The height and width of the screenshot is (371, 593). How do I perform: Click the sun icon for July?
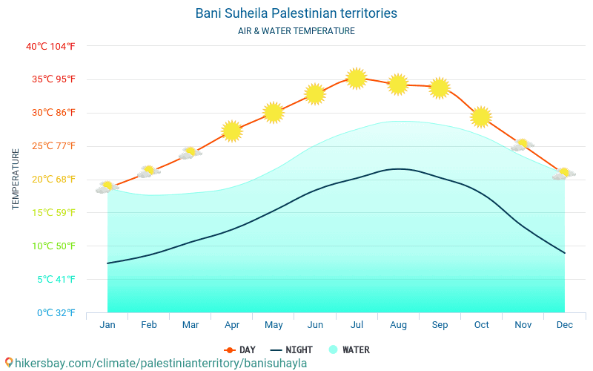click(357, 78)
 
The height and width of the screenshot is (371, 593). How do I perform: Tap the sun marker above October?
click(481, 116)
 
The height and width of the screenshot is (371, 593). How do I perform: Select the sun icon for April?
click(232, 131)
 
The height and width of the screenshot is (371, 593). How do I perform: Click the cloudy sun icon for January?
click(107, 187)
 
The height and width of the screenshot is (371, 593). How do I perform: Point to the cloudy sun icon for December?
click(564, 174)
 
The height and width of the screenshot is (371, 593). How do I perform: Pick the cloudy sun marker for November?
click(523, 145)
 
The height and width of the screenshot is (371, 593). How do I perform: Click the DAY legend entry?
click(240, 350)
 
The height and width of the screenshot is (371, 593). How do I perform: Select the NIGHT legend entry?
click(291, 350)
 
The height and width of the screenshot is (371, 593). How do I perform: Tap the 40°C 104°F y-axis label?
click(50, 47)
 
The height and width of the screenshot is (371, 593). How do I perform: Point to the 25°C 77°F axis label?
click(50, 146)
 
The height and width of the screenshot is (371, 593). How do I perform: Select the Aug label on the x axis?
click(398, 325)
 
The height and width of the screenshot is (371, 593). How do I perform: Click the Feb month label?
click(149, 325)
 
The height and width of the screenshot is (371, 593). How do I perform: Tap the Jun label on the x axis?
click(315, 325)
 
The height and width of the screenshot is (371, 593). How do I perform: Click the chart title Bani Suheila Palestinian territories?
click(296, 13)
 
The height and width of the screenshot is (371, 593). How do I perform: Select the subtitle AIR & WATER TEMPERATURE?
click(296, 31)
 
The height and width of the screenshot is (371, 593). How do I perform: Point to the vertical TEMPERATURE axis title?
click(16, 179)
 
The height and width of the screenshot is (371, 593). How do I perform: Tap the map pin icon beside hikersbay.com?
click(9, 363)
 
